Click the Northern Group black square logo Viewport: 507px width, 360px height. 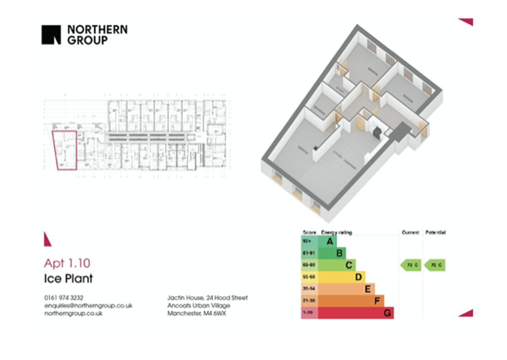click(x=51, y=35)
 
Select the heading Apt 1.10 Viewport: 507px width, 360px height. click(x=67, y=263)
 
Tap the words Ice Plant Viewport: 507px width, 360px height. click(x=68, y=278)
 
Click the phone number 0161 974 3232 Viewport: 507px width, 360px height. click(x=63, y=298)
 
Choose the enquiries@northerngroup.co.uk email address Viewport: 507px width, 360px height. click(x=88, y=306)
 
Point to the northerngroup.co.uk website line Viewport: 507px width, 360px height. click(x=74, y=313)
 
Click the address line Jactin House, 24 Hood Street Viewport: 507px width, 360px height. click(x=207, y=298)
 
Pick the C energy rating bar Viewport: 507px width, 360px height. click(x=337, y=265)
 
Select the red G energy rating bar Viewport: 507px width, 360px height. click(x=355, y=313)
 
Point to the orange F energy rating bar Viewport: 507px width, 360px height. click(x=351, y=301)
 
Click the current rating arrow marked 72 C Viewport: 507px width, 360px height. click(x=411, y=265)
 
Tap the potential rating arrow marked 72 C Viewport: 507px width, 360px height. click(x=435, y=265)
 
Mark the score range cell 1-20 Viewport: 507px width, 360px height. click(x=309, y=313)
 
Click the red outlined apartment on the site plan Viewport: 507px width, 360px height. click(x=65, y=151)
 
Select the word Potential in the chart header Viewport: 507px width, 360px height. click(x=435, y=233)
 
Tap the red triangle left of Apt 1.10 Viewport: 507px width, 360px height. click(x=47, y=239)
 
